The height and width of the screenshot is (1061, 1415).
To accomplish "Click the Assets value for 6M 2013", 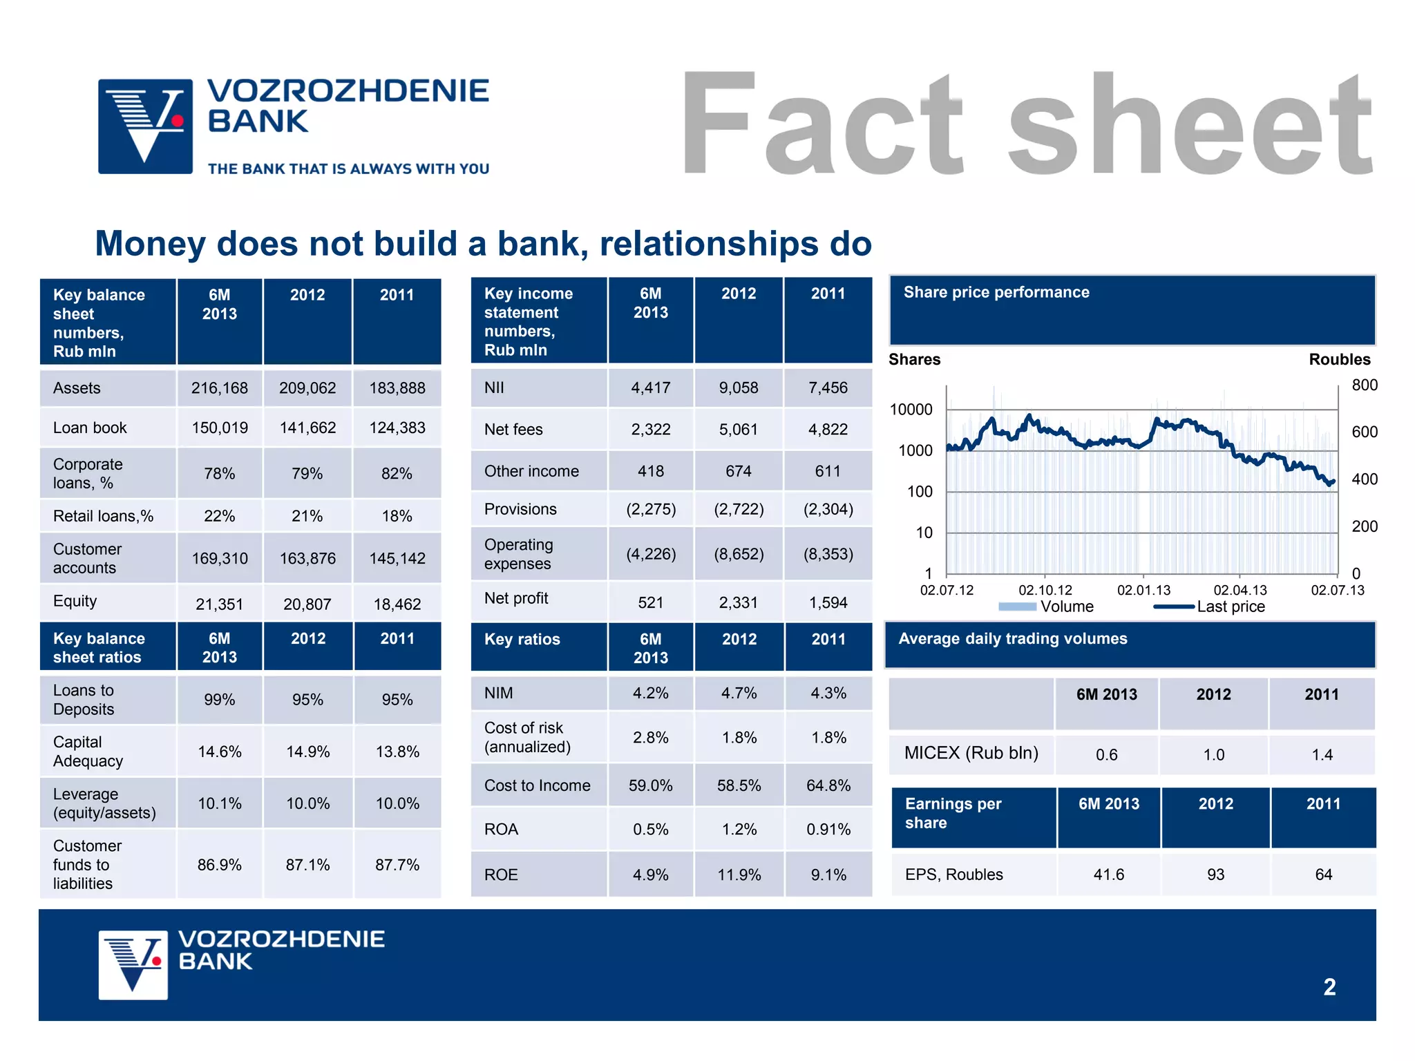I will [219, 388].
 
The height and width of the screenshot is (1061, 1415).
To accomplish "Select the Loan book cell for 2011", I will [397, 428].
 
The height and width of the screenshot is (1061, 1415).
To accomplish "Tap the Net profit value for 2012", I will [738, 602].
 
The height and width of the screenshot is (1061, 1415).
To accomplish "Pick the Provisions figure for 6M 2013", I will [650, 509].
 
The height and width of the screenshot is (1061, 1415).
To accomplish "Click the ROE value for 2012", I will [739, 874].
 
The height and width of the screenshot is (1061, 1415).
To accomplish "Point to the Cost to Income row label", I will [537, 785].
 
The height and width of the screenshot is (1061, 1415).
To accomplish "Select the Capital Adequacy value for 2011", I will [397, 752].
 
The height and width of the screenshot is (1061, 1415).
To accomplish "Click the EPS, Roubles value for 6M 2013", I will [1108, 874].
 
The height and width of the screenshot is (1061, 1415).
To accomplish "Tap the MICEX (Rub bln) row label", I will [971, 753].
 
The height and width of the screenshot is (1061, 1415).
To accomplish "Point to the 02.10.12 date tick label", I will [1045, 591].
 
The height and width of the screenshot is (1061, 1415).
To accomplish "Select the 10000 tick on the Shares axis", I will [911, 410].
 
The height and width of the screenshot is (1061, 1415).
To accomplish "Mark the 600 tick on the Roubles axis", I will [1364, 432].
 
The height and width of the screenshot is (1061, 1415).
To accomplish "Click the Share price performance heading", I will [996, 292].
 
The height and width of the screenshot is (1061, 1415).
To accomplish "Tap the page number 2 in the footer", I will [1329, 987].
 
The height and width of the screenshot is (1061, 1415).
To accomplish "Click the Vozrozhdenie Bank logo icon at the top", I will [145, 126].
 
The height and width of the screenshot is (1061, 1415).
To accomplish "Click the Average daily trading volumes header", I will [1012, 639].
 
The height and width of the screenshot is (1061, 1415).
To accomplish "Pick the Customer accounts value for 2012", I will [307, 558].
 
